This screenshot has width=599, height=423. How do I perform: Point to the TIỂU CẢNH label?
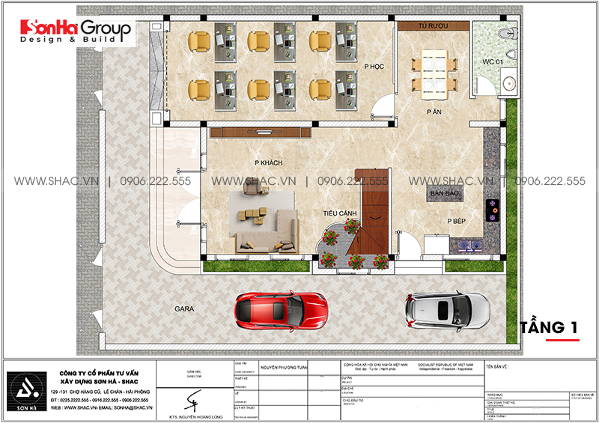click(x=339, y=213)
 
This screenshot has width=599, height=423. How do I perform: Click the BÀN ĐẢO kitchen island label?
click(x=443, y=195)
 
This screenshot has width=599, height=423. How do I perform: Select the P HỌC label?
click(x=374, y=67)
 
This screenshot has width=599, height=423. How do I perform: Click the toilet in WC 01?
click(x=510, y=34)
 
